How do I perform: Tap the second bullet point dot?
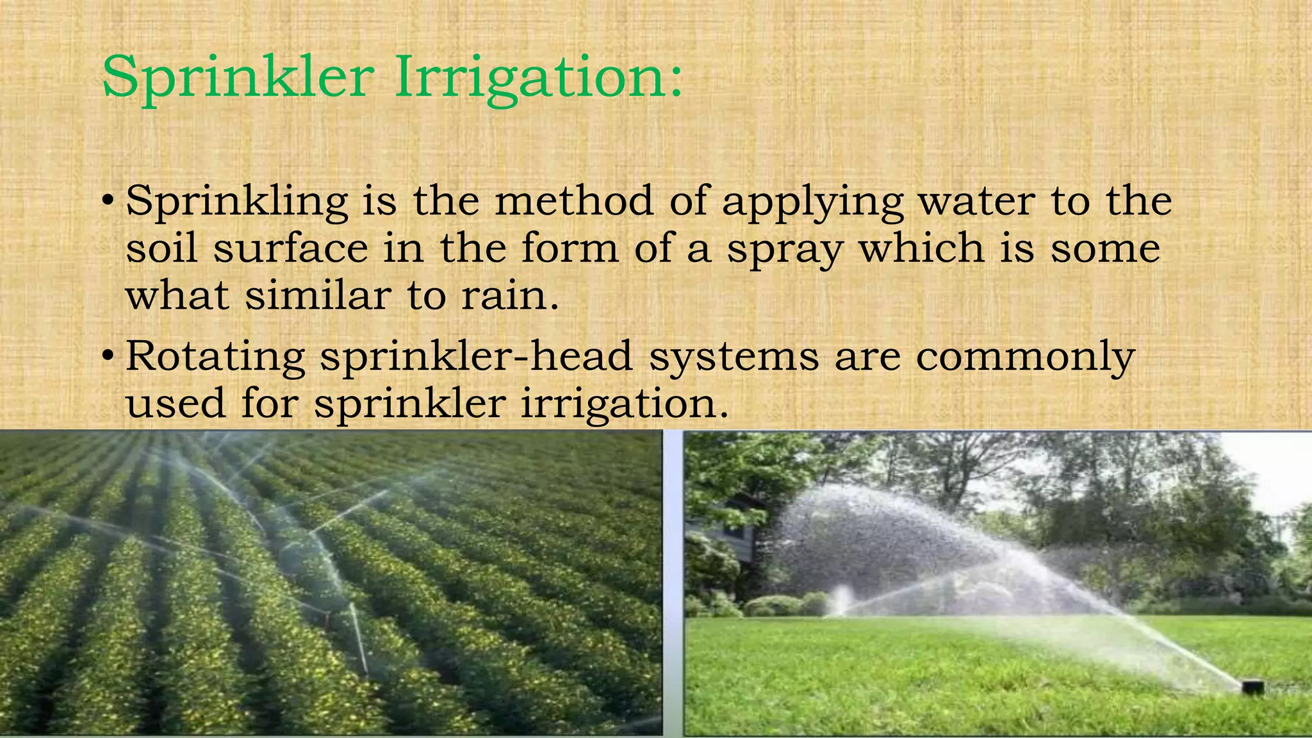tap(109, 356)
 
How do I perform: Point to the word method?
tap(574, 201)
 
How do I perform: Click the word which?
tap(921, 249)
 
